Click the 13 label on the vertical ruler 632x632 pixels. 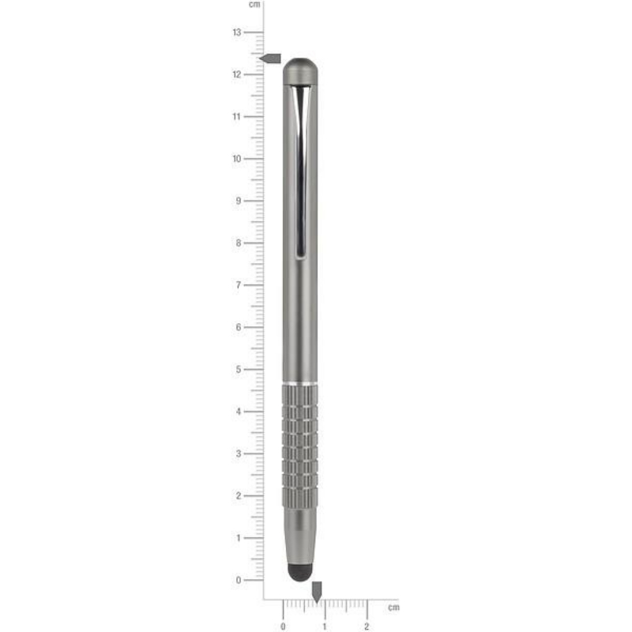coord(237,32)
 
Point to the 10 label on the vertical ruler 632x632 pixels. coord(237,159)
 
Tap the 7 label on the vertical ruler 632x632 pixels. coord(239,285)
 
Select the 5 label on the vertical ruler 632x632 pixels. coord(239,370)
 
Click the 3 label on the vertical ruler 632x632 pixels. coord(239,453)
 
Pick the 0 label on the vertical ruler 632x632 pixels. coord(239,581)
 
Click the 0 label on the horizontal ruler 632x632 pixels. coord(283,626)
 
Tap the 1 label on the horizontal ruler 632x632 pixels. coord(325,626)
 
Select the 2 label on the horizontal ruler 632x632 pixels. coord(367,626)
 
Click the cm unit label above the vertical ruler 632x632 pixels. coord(254,5)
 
